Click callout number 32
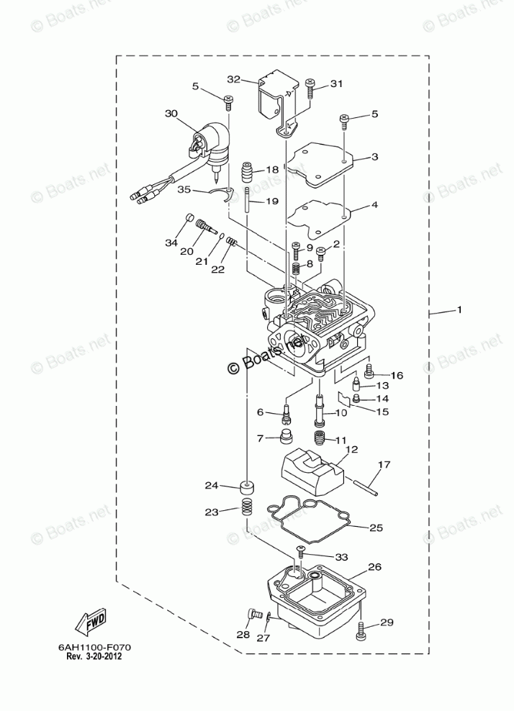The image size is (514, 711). click(233, 79)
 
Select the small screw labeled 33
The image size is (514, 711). click(300, 552)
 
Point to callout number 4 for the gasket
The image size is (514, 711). click(374, 205)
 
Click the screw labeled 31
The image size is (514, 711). click(310, 89)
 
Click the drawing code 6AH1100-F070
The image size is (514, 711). click(90, 647)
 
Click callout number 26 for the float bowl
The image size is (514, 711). click(374, 567)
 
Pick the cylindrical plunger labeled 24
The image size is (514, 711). click(247, 487)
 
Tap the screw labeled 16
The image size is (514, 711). click(369, 372)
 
